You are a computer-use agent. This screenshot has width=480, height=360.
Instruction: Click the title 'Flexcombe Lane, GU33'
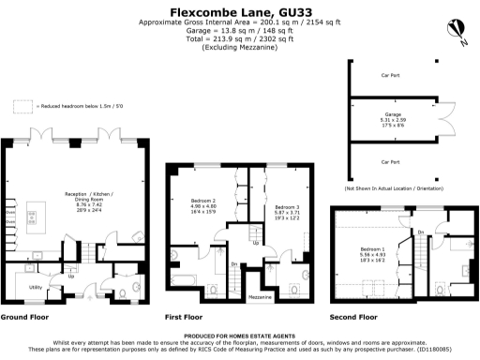tap(239, 11)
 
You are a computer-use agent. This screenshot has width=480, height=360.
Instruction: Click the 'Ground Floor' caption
tap(26, 318)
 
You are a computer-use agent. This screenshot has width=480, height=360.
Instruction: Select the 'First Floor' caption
tap(186, 318)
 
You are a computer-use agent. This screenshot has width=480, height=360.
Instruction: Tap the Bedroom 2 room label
tap(203, 206)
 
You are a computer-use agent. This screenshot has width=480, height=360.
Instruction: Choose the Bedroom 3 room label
tap(286, 212)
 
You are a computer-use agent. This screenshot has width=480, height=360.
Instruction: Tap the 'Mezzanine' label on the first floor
tap(260, 296)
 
